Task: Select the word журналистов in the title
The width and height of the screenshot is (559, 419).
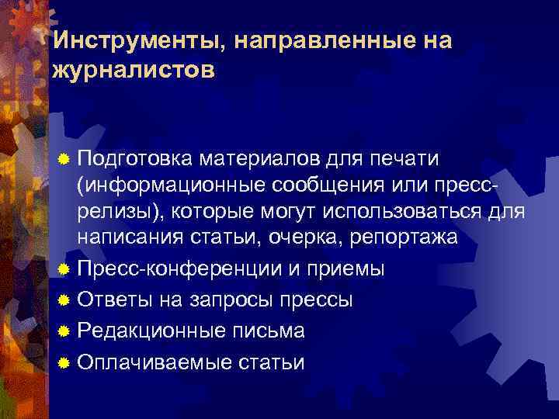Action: pos(131,71)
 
